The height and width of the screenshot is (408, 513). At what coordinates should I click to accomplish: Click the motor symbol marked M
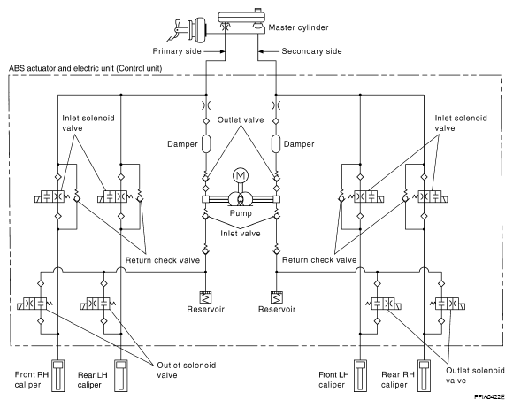point(241,176)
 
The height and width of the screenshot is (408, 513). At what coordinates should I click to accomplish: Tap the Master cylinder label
point(298,27)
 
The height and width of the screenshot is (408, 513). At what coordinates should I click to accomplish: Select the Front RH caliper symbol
point(57,375)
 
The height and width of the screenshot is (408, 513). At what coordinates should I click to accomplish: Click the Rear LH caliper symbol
point(121,375)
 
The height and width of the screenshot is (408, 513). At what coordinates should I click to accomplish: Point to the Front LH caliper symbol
point(361,375)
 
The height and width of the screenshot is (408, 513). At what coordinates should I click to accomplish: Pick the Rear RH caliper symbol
point(424,375)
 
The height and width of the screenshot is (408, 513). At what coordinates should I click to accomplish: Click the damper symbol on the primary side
point(206,143)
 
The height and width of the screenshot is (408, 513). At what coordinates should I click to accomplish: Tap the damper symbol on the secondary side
point(276,143)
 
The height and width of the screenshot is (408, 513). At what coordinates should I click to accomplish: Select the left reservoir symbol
point(206,297)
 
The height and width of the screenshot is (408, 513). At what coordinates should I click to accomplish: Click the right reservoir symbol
point(277,297)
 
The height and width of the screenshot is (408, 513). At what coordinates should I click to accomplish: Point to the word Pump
point(241,213)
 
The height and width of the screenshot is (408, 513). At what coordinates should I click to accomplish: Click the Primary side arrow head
point(223,51)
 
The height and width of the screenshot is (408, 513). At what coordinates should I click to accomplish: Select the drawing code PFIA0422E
point(489,396)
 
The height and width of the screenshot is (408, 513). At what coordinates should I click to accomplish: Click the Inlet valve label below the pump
point(241,234)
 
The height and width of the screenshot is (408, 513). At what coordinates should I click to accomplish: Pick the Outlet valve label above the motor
point(241,119)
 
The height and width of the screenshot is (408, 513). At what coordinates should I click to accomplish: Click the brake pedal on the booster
point(176,32)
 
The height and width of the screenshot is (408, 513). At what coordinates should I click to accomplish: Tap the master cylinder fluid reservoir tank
point(242,19)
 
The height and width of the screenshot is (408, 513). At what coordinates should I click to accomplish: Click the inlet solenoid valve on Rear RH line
point(432,196)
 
